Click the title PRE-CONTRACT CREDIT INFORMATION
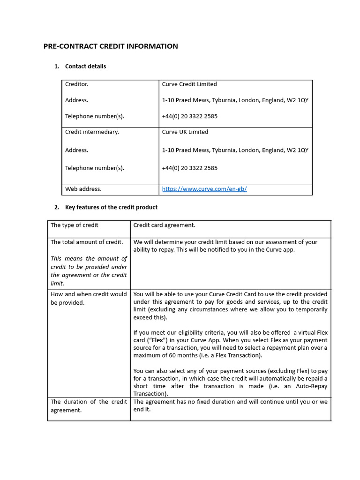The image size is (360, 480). pyautogui.click(x=111, y=46)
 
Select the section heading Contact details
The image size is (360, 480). pyautogui.click(x=85, y=66)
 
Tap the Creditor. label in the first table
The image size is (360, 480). pyautogui.click(x=76, y=84)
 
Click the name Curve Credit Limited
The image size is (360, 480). pyautogui.click(x=189, y=84)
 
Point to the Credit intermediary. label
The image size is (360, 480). pyautogui.click(x=92, y=132)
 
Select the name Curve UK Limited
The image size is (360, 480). pyautogui.click(x=185, y=132)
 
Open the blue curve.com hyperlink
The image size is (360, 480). pyautogui.click(x=204, y=189)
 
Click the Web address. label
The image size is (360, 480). pyautogui.click(x=83, y=189)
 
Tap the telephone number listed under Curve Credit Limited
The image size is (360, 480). pyautogui.click(x=190, y=116)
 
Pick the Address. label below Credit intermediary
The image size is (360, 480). pyautogui.click(x=76, y=150)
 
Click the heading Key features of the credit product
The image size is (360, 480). pyautogui.click(x=111, y=207)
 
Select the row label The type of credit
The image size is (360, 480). pyautogui.click(x=75, y=225)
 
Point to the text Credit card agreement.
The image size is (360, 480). pyautogui.click(x=165, y=225)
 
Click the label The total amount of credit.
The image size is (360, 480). pyautogui.click(x=87, y=242)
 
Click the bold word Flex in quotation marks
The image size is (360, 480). pyautogui.click(x=158, y=340)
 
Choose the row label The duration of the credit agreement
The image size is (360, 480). pyautogui.click(x=89, y=406)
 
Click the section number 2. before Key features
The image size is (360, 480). pyautogui.click(x=57, y=207)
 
